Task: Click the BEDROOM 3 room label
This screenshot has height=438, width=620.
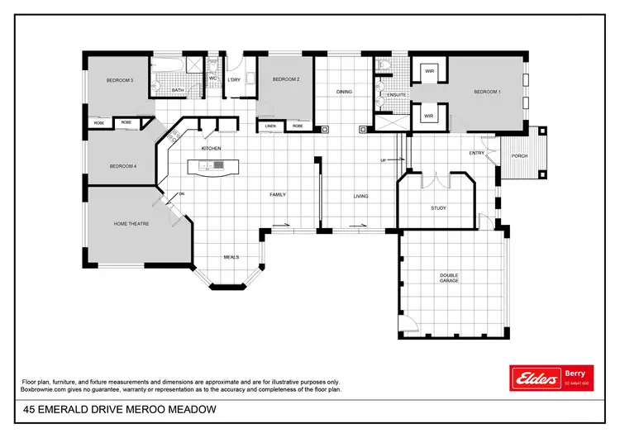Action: pos(120,80)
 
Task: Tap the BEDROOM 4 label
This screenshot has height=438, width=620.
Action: pos(122,166)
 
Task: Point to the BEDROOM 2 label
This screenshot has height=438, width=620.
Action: pos(286,79)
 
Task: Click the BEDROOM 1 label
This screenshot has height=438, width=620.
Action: pos(487,92)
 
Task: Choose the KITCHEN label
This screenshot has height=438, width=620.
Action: pos(212,148)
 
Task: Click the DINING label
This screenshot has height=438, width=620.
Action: pos(345,92)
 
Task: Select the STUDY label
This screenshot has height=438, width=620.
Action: pos(438,208)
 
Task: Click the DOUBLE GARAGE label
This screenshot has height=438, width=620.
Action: pos(449,278)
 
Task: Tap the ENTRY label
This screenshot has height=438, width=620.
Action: pos(477,153)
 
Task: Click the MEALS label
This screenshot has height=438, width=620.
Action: pos(231,257)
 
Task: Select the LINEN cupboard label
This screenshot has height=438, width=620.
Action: pos(270,126)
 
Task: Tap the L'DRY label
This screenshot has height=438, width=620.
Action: pos(234,79)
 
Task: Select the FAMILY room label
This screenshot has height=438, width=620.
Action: pos(278,195)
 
